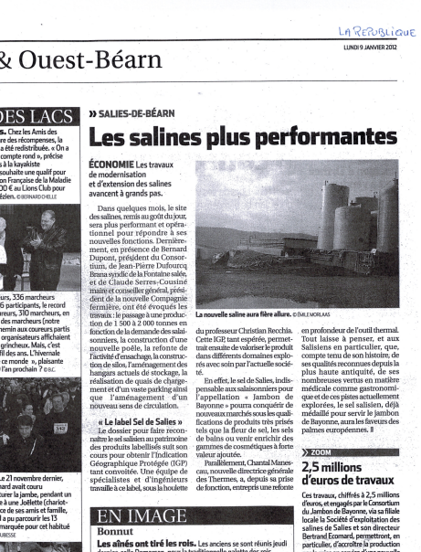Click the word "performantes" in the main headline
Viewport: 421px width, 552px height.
click(x=309, y=137)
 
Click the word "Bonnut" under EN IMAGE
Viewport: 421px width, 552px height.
click(x=116, y=531)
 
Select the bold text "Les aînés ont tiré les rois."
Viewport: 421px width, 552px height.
click(x=133, y=545)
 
